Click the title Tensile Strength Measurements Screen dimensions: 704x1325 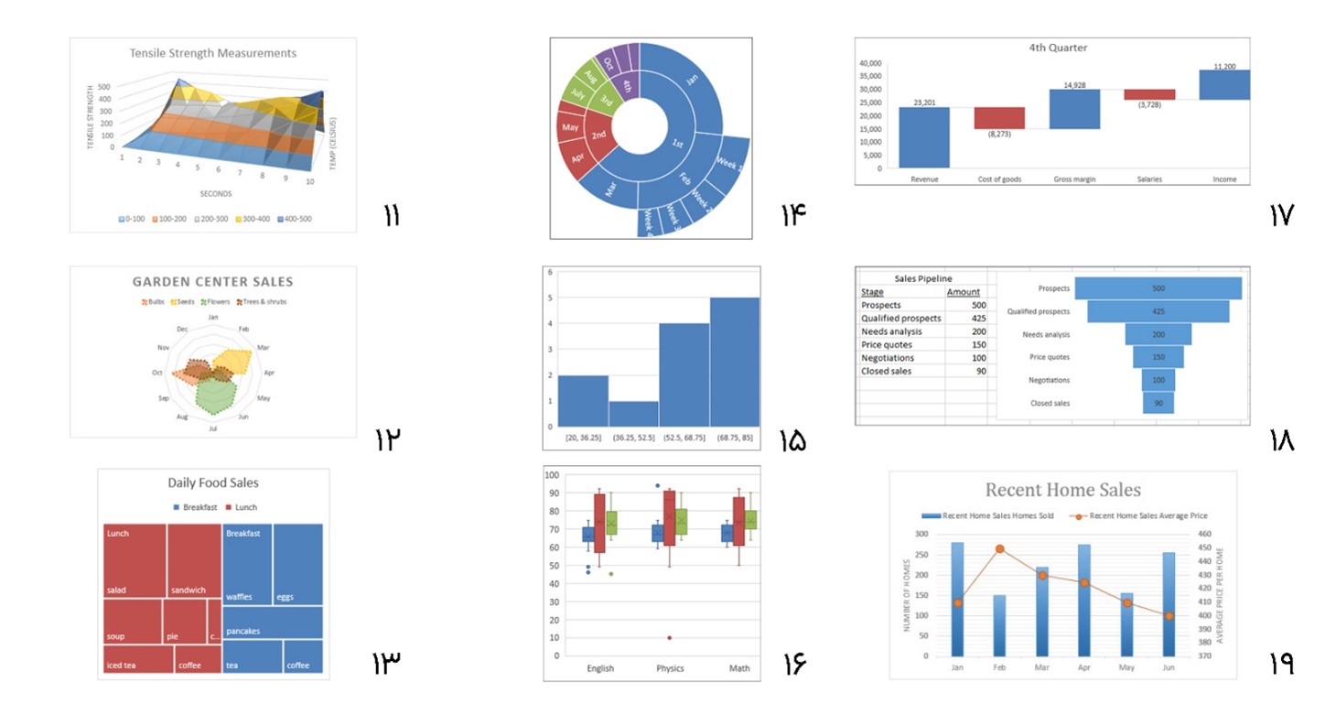point(212,53)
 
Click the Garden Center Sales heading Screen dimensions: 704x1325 point(212,282)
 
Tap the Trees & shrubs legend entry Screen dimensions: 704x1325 point(262,301)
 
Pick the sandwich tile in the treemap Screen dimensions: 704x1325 point(194,560)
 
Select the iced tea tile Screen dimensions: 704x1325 point(137,658)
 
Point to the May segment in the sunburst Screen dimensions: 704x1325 point(572,127)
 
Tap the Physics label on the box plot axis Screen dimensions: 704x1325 point(670,668)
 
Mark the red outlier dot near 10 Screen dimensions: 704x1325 point(669,638)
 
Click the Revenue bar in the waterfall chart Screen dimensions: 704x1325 point(924,137)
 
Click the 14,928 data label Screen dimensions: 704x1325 point(1074,84)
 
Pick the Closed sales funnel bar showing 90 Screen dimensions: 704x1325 point(1158,404)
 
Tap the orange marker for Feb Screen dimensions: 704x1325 point(999,549)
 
